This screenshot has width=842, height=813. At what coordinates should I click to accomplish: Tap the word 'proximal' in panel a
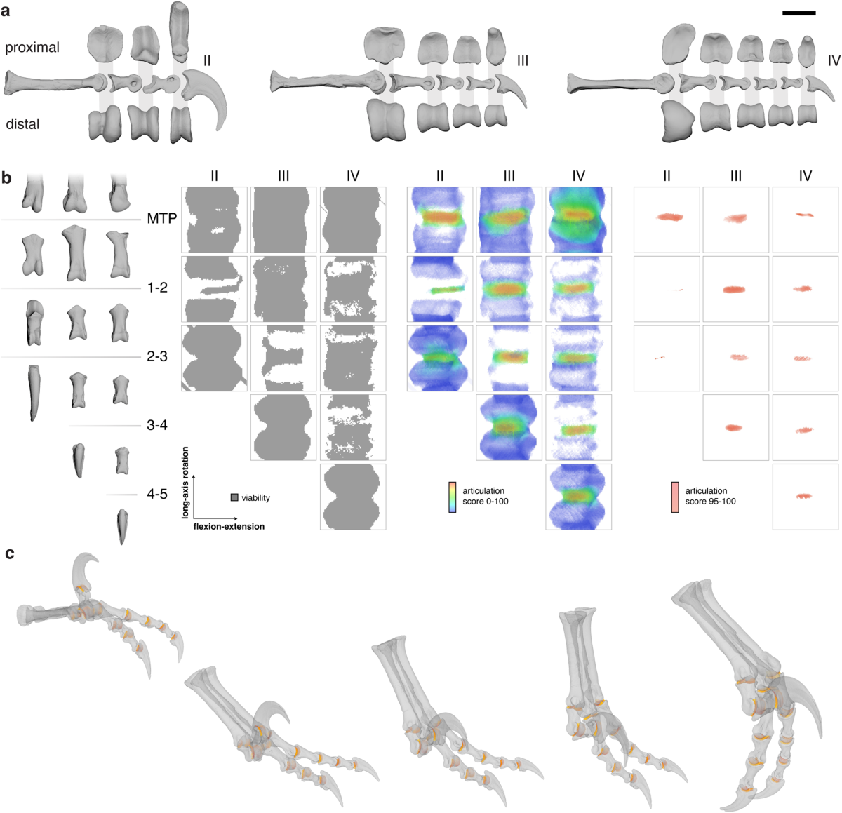pyautogui.click(x=32, y=48)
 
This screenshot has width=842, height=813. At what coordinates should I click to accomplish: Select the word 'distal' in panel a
pyautogui.click(x=22, y=124)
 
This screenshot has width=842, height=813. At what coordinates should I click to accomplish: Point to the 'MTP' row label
pyautogui.click(x=161, y=219)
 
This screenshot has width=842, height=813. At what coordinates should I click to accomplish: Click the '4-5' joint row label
pyautogui.click(x=157, y=494)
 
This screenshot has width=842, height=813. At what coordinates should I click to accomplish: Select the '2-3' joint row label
pyautogui.click(x=157, y=356)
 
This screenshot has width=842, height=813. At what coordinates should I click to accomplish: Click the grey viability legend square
pyautogui.click(x=234, y=497)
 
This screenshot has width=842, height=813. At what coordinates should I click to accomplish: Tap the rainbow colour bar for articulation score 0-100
pyautogui.click(x=453, y=497)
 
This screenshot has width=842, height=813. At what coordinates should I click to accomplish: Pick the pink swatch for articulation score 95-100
pyautogui.click(x=675, y=497)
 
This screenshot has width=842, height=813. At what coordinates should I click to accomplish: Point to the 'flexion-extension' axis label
pyautogui.click(x=229, y=526)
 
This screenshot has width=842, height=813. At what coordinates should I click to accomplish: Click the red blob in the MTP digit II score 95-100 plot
pyautogui.click(x=674, y=217)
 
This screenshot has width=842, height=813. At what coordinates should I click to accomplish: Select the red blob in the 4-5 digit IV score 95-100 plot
pyautogui.click(x=804, y=497)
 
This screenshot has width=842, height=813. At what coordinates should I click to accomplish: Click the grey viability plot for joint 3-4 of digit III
pyautogui.click(x=283, y=427)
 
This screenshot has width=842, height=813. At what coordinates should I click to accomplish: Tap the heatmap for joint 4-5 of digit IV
pyautogui.click(x=578, y=496)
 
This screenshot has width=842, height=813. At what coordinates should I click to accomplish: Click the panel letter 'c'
pyautogui.click(x=9, y=553)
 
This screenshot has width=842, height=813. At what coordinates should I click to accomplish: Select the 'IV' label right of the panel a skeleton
pyautogui.click(x=834, y=61)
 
